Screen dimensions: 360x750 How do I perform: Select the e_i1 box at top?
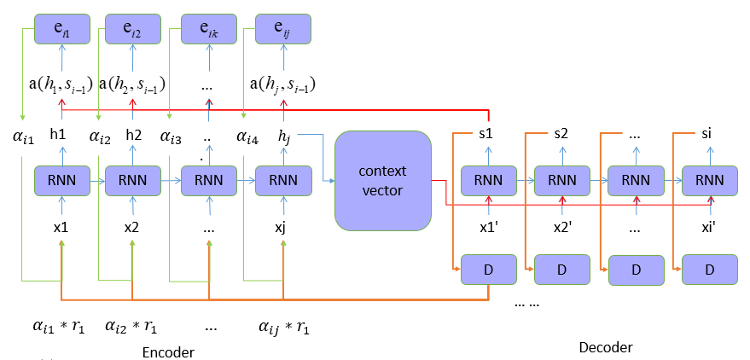tap(61, 30)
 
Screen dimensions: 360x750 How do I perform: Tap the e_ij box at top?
tap(282, 30)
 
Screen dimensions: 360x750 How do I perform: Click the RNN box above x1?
tap(61, 181)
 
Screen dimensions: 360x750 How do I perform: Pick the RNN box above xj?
tap(282, 181)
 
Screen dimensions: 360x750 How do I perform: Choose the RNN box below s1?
tap(487, 181)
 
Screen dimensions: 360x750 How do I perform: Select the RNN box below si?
tap(709, 181)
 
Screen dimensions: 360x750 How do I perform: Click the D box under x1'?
tap(487, 269)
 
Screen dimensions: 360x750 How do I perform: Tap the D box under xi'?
tap(709, 269)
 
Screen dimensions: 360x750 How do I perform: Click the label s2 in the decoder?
tap(561, 134)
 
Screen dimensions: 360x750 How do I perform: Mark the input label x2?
tap(132, 228)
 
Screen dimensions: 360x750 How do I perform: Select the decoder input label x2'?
tap(561, 228)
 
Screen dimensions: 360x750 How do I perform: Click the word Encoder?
tap(169, 351)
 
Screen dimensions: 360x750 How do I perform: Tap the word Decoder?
tap(606, 346)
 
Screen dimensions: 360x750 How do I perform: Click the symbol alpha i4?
tap(244, 135)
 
